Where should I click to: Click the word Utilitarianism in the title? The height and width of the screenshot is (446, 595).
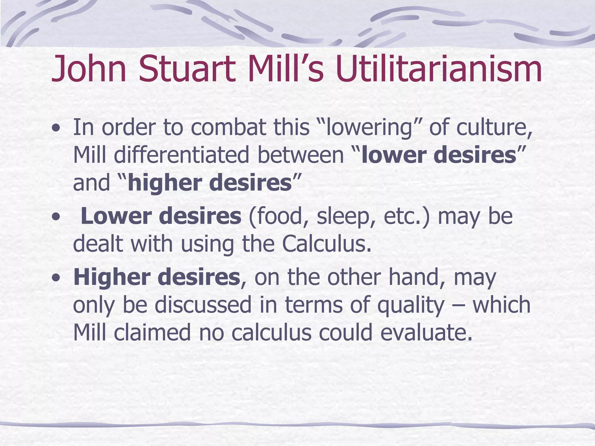439,69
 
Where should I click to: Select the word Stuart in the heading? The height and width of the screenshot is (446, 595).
187,69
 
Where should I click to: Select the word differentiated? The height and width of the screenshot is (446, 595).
181,155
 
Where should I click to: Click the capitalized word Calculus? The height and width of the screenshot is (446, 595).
327,244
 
